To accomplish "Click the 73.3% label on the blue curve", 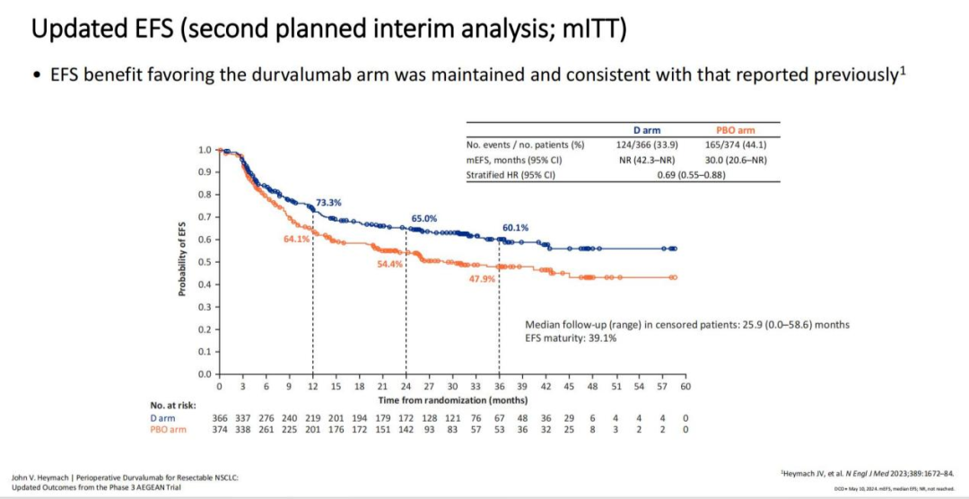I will point(328,203).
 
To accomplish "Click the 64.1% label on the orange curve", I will point(297,239).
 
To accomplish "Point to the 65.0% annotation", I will point(424,218).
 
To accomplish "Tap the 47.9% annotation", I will point(483,279).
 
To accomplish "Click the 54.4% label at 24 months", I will point(389,265).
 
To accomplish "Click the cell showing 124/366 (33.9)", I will point(646,144).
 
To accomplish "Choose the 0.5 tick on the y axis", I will point(205,262).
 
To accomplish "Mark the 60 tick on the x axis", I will point(685,386).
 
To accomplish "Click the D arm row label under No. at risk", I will point(162,418).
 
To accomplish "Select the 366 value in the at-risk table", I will point(220,418).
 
